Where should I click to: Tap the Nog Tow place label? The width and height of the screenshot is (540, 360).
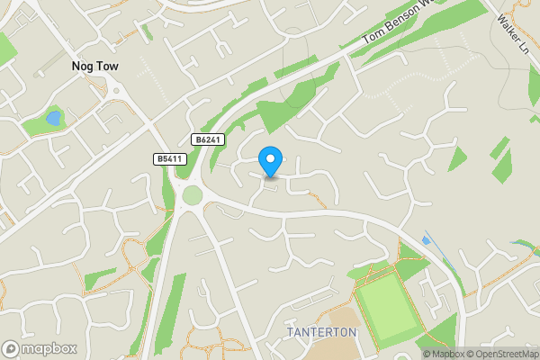pyautogui.click(x=95, y=67)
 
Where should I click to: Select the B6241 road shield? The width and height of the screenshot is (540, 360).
pyautogui.click(x=207, y=139)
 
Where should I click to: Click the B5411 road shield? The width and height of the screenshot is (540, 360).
pyautogui.click(x=167, y=158)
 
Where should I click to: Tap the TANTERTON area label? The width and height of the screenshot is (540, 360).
pyautogui.click(x=321, y=332)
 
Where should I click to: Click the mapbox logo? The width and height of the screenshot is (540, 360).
pyautogui.click(x=40, y=348)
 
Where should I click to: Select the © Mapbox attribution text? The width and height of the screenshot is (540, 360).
pyautogui.click(x=445, y=354)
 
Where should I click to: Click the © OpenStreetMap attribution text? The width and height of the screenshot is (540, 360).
pyautogui.click(x=504, y=354)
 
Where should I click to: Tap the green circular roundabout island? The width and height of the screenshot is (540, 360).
pyautogui.click(x=193, y=195)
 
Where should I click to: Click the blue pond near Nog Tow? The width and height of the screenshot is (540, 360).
pyautogui.click(x=53, y=118)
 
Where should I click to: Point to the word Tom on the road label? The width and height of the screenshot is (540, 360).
pyautogui.click(x=371, y=41)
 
